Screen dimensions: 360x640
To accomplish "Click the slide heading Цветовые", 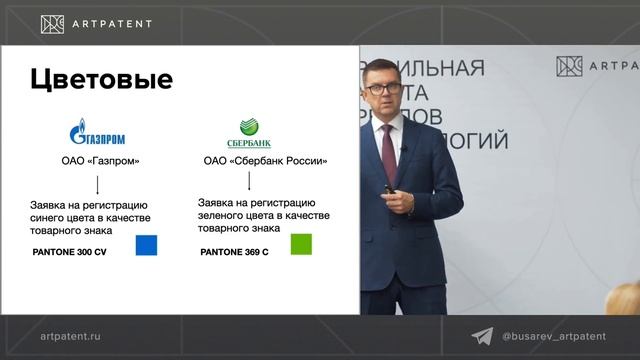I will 100,79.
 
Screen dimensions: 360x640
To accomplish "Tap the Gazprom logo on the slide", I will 97,135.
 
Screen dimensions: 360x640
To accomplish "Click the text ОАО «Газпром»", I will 97,161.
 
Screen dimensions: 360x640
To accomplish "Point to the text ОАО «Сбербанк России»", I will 265,161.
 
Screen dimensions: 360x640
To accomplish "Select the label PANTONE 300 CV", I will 70,251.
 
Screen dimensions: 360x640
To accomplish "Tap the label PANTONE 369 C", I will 234,251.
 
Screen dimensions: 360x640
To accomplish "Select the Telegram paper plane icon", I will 482,337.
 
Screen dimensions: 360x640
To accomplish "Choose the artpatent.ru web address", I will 71,337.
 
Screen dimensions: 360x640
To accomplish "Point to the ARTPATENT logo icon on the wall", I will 569,67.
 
